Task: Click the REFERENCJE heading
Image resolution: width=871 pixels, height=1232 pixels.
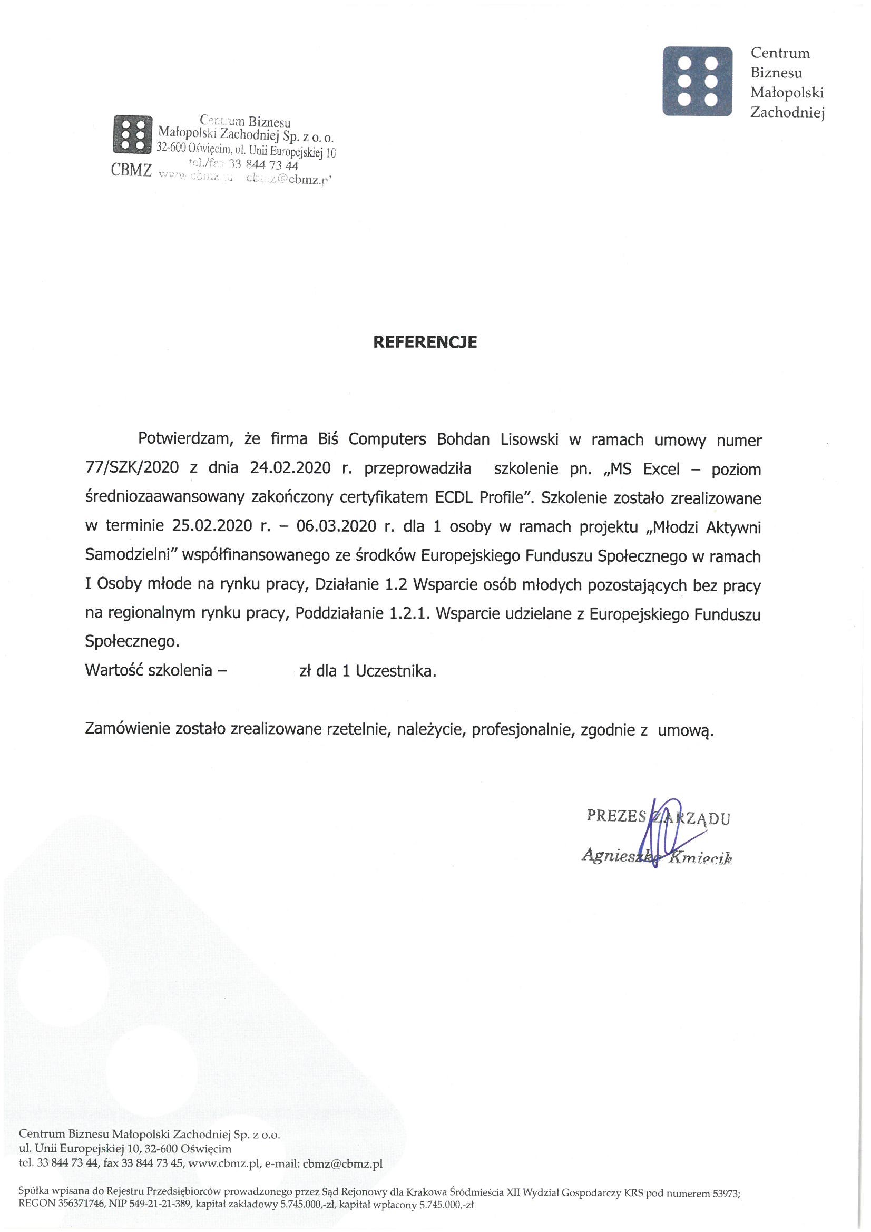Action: point(425,343)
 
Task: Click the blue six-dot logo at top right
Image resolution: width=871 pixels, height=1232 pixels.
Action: point(698,82)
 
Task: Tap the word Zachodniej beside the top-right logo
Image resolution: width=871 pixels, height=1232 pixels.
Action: point(787,113)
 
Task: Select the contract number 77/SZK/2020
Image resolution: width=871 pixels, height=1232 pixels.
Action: point(132,469)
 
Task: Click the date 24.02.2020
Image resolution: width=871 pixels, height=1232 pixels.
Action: point(290,469)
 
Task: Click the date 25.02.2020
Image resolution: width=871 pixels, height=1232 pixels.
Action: point(212,527)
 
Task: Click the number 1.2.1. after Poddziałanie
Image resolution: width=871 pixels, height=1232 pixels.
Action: point(408,614)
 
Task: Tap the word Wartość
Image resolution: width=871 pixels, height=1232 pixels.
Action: point(113,671)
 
